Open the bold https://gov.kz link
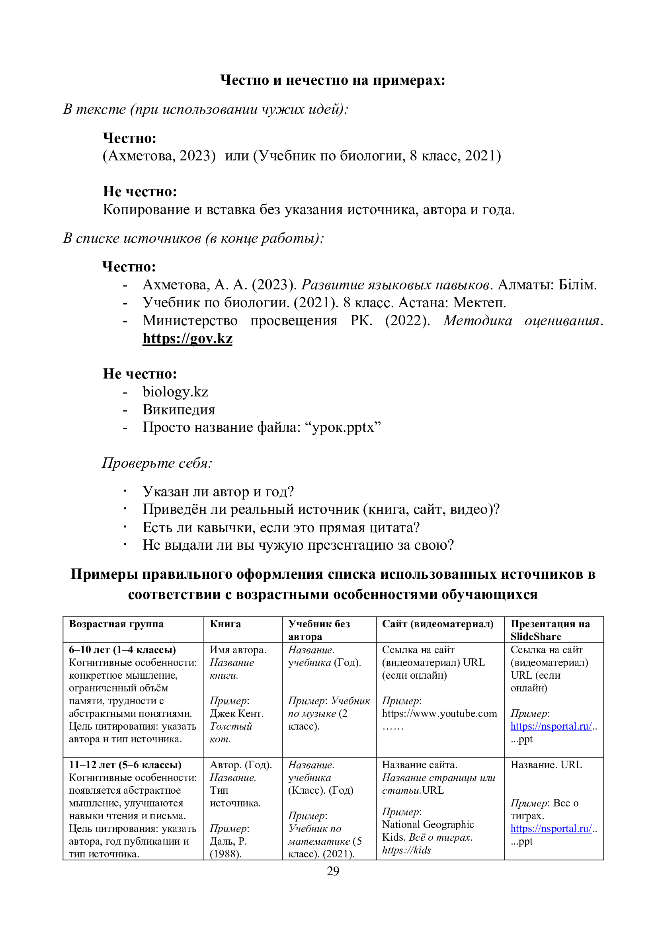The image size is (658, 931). tap(187, 338)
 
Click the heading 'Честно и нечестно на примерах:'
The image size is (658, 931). tap(332, 80)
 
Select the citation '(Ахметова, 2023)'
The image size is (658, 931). tap(159, 156)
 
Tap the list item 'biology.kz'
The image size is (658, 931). tap(175, 392)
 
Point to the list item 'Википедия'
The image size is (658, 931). tap(178, 410)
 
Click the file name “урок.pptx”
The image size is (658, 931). tap(346, 427)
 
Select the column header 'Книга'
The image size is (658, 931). tap(225, 624)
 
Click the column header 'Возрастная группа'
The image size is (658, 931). tap(116, 624)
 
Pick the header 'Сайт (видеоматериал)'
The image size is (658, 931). tap(437, 624)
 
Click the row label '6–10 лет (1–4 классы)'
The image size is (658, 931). tap(122, 650)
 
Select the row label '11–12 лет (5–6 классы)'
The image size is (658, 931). tap(125, 765)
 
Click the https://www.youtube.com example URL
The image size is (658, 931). tap(439, 714)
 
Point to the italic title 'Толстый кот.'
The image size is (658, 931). tap(231, 732)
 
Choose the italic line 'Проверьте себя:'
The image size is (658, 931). tap(157, 463)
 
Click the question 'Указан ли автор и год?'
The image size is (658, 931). tap(218, 492)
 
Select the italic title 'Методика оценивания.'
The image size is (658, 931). tap(523, 320)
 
